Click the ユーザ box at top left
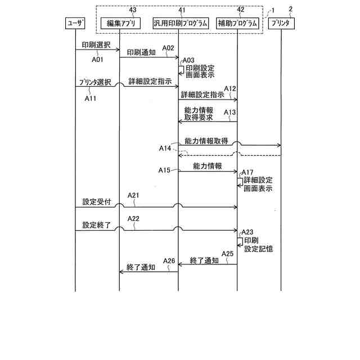pos(75,24)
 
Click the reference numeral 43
pos(132,10)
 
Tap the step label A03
pos(188,60)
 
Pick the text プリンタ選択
pos(94,82)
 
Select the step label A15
pos(164,169)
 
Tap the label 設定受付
pos(93,201)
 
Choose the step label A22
pos(134,218)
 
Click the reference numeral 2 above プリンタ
pos(291,8)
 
